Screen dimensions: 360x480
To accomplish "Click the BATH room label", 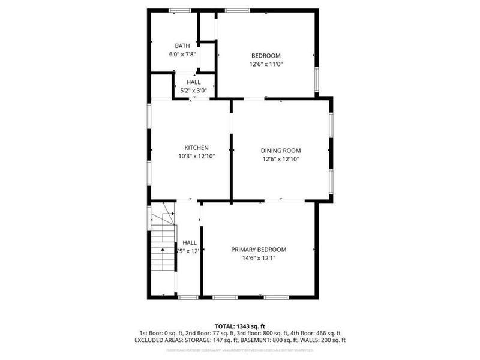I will [182, 46].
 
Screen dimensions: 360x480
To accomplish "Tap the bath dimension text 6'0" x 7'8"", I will [182, 54].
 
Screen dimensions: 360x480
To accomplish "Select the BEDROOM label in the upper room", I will [266, 56].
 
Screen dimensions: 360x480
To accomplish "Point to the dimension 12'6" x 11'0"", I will [266, 64].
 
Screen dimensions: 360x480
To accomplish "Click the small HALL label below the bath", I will [193, 82].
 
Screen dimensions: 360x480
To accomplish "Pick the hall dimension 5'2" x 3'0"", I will [193, 91].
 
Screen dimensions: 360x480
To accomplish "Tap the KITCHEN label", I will [196, 148].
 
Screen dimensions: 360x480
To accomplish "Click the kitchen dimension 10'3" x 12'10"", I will [196, 156].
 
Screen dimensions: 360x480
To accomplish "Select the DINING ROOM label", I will [280, 151].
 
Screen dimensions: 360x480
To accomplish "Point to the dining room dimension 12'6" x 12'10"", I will [280, 159].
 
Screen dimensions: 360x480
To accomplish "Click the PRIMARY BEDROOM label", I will [259, 250].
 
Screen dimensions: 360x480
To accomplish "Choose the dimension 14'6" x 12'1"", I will [259, 258].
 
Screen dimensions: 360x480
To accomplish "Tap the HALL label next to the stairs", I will [189, 242].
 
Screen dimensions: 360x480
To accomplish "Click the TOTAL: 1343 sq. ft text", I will [240, 325].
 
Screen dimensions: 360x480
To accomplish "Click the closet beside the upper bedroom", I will [208, 25].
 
